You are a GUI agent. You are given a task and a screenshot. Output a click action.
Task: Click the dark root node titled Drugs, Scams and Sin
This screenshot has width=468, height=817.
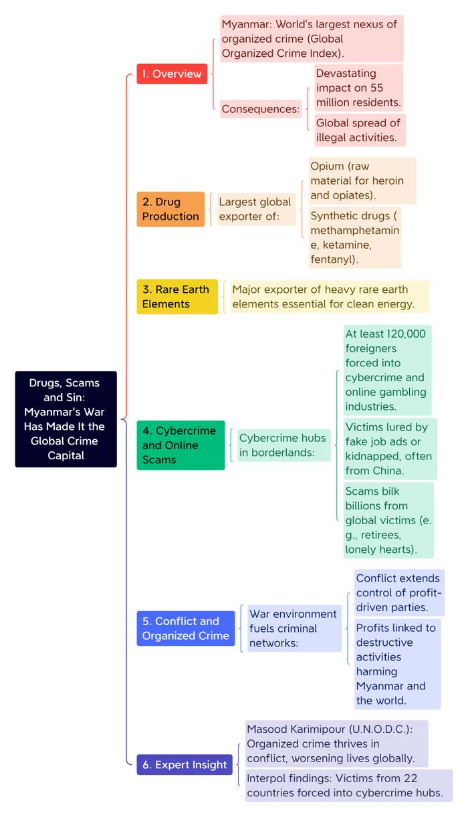tap(66, 419)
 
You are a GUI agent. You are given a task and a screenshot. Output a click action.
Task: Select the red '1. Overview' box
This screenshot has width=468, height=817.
tap(172, 74)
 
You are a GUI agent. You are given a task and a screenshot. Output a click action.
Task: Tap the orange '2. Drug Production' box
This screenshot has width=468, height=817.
tap(170, 209)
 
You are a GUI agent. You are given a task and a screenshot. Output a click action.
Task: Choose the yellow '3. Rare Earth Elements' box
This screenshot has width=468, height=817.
tap(177, 297)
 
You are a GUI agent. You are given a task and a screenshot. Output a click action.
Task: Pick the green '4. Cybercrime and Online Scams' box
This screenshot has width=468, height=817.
tap(181, 445)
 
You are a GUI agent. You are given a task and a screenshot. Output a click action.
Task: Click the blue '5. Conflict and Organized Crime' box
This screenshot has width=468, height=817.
tap(186, 628)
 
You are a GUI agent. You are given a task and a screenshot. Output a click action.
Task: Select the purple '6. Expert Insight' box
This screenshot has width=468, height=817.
tap(185, 764)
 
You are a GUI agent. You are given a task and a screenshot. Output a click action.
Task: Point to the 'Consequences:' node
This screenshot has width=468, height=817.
tap(261, 109)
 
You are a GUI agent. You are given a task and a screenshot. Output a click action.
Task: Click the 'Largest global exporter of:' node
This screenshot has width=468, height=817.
tap(257, 209)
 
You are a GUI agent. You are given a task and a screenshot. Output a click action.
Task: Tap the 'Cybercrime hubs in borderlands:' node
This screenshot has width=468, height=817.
tap(283, 445)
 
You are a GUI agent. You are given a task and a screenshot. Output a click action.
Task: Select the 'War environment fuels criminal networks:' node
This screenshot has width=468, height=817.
tap(294, 628)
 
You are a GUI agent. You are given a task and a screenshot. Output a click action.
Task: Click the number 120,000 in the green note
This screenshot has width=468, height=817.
tap(406, 334)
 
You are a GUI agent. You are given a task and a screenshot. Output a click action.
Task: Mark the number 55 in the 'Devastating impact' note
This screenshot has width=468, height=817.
tap(376, 88)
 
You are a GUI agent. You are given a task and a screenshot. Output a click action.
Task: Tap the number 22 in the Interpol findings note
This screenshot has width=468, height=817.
tap(411, 778)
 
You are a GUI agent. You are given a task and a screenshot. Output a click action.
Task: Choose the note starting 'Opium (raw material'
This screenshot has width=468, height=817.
tap(362, 181)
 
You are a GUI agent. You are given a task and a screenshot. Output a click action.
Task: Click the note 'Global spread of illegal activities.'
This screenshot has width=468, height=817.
tap(360, 130)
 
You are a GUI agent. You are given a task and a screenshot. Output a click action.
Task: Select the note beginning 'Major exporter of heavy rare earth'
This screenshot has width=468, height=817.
tap(330, 297)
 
